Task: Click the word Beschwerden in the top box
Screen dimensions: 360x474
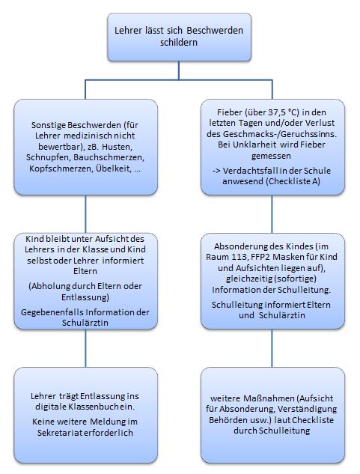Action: [215, 31]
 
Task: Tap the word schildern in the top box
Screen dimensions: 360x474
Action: [179, 43]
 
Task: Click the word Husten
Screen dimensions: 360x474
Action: [117, 147]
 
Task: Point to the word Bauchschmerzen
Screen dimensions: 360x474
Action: [109, 157]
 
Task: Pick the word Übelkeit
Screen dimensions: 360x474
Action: [114, 168]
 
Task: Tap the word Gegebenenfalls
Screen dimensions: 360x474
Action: [52, 312]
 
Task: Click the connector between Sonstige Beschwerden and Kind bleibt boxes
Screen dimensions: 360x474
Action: [85, 214]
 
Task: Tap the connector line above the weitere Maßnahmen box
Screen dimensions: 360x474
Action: [272, 348]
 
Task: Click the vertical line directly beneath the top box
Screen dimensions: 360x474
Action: [179, 70]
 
